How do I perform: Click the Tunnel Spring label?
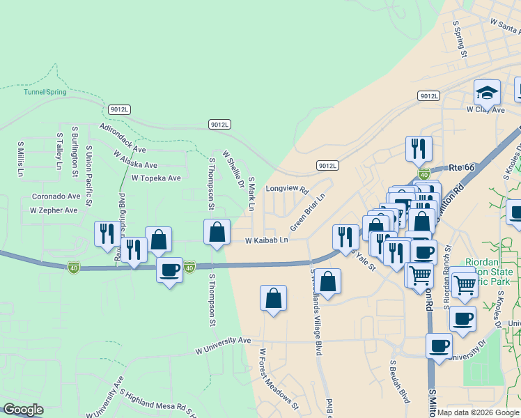tap(45, 92)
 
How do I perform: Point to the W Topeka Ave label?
tap(156, 178)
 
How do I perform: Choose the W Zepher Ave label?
tap(54, 210)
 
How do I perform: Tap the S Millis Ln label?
tap(20, 159)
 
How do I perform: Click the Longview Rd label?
tap(286, 189)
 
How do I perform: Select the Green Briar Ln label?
tap(308, 212)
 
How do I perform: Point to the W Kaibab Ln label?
tap(266, 241)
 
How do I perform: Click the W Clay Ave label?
tap(485, 109)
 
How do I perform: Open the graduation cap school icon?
tap(487, 92)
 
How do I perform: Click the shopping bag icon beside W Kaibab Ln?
tap(217, 233)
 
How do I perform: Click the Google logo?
tap(23, 410)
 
